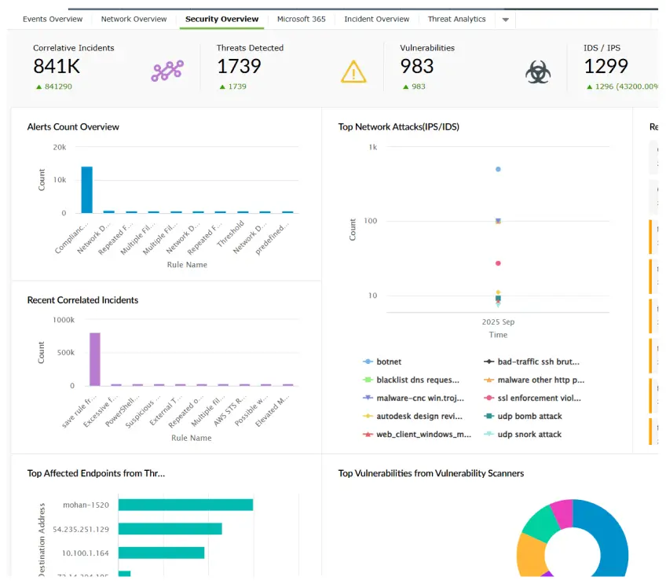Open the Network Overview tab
134,19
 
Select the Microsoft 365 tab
301,19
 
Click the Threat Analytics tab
456,19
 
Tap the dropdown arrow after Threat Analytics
506,20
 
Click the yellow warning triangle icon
353,72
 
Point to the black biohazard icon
538,72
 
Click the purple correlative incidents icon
166,71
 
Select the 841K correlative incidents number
57,67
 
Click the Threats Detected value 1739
239,67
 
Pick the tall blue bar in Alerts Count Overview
87,189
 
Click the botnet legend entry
389,362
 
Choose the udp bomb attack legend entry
529,417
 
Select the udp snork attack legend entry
529,435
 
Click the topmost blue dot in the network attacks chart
498,169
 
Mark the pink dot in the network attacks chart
498,263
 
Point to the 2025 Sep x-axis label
498,322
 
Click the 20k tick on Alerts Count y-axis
59,147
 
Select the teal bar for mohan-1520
185,505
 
